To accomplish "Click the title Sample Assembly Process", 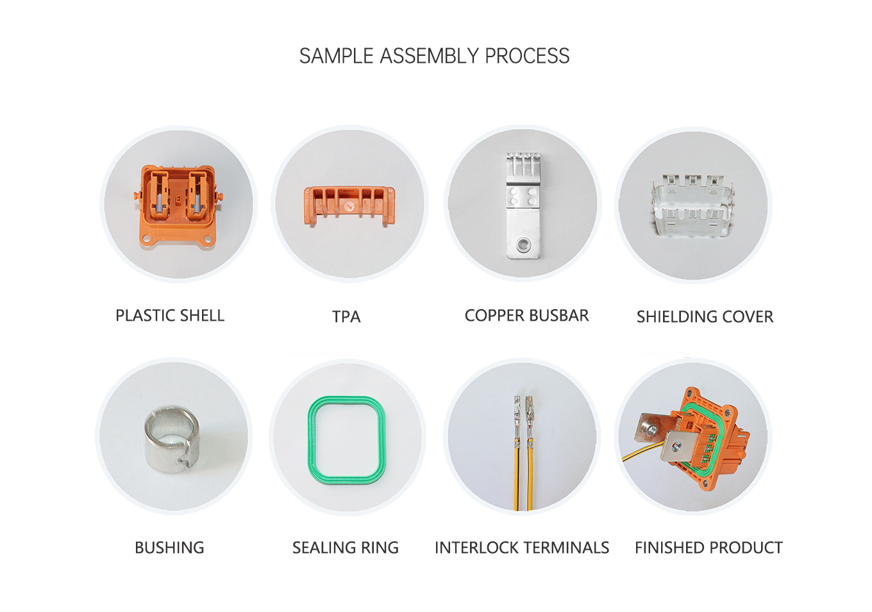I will coord(434,56).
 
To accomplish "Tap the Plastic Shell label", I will coord(170,316).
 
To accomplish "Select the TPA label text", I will coord(346,317).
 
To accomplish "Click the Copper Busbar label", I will coord(526,316).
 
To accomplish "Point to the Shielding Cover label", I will coord(705,317).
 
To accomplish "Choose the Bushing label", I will coord(169,548).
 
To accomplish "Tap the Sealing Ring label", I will coord(346,548).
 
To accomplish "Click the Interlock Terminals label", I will coord(522,548).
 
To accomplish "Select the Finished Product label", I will coord(709,548).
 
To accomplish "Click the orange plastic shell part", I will coord(178,205).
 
